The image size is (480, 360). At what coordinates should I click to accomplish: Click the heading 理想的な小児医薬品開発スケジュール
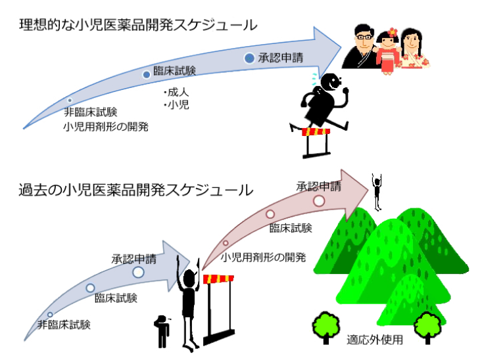[138, 26]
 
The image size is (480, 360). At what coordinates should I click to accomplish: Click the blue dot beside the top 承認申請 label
[249, 58]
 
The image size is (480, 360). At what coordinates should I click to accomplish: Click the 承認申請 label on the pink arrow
[318, 186]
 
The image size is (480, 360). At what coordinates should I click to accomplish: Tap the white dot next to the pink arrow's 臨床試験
[270, 214]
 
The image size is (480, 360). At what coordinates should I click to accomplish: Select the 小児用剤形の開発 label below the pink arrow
[264, 257]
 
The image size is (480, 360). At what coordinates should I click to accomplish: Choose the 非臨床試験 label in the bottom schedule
[64, 324]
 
